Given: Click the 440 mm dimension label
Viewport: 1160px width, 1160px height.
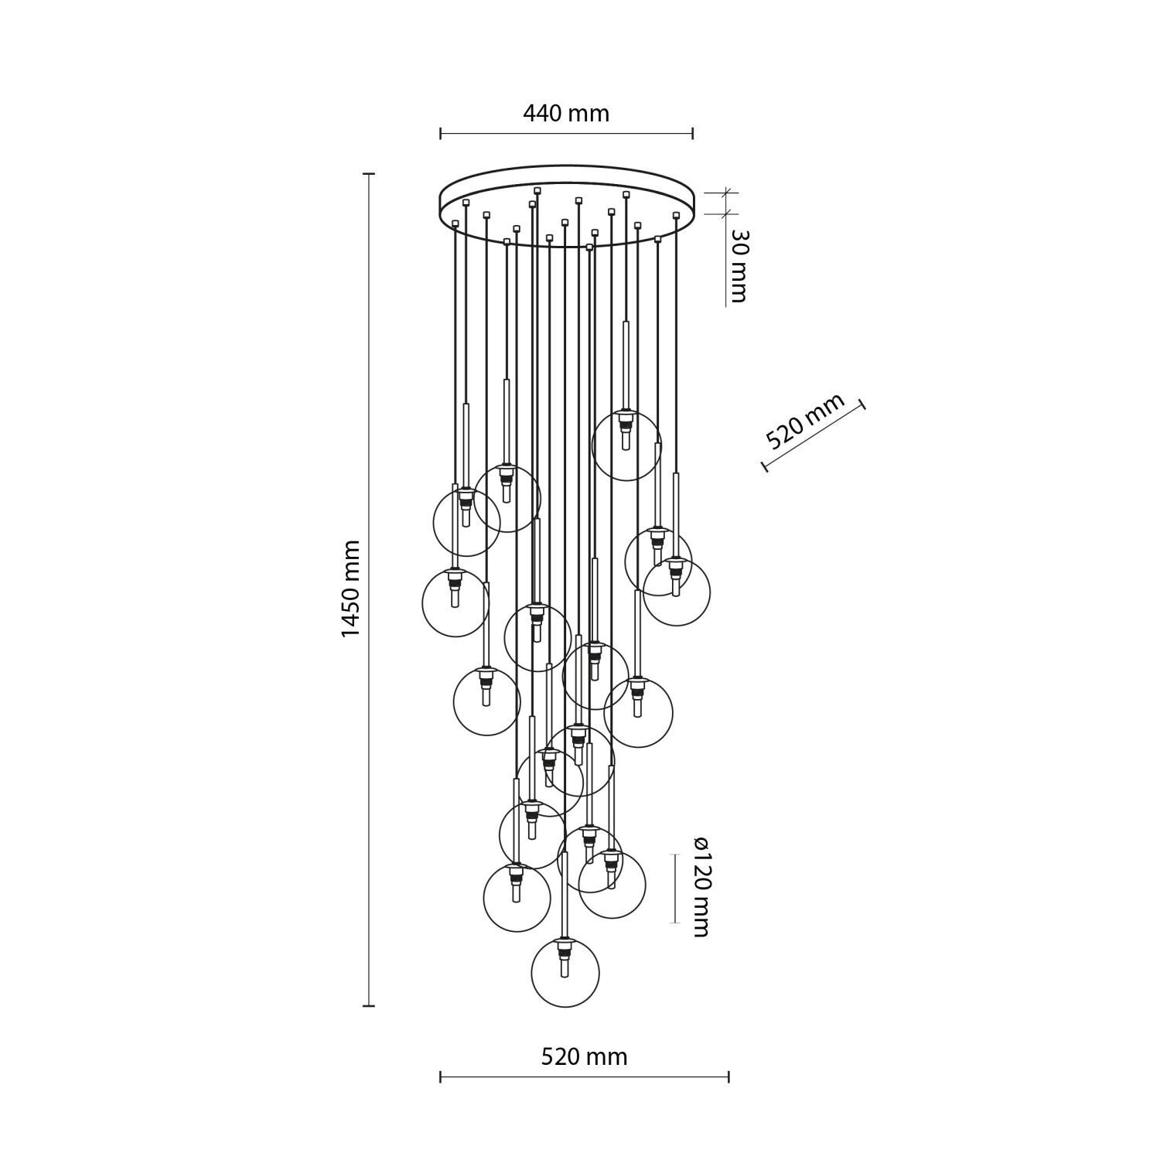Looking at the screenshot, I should coord(566,114).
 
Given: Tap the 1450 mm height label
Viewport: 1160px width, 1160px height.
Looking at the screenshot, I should coord(351,589).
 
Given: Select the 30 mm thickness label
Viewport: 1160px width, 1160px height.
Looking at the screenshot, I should coord(738,266).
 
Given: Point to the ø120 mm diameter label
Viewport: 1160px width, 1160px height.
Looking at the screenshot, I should coord(700,887).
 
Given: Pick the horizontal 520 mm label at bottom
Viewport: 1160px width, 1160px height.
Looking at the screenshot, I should coord(584,1056).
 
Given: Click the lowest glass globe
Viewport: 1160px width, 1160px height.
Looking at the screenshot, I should coord(565,972).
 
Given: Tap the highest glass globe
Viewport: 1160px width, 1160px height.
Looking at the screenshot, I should coord(626,446).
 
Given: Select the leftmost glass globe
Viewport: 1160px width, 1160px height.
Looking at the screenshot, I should coord(455,603).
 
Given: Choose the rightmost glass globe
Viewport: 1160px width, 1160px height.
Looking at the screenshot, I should coord(677,592).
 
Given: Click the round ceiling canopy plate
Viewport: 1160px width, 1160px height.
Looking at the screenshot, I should coord(566,205).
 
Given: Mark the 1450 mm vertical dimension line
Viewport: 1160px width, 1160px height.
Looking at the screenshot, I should coord(370,589).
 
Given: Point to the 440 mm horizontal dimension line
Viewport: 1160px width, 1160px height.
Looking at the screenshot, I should coord(566,134).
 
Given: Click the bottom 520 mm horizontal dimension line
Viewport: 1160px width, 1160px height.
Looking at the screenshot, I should coord(584,1076).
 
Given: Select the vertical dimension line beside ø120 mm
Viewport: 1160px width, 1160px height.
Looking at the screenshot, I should coord(675,888).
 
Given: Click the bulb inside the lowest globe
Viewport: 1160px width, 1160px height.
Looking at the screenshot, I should coord(565,967).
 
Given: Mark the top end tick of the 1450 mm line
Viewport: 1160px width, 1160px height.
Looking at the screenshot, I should coord(370,175).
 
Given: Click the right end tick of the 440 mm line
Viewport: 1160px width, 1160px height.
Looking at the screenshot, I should coord(692,134).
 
